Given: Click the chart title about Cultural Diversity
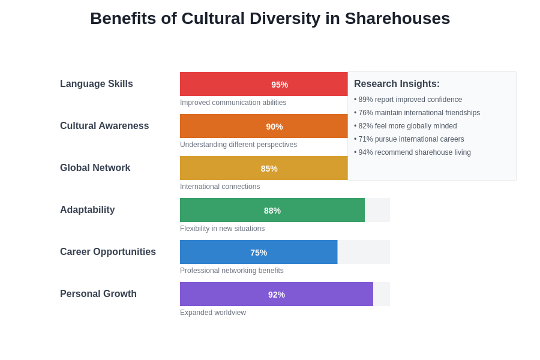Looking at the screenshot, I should [270, 19].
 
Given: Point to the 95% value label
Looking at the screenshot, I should [280, 85].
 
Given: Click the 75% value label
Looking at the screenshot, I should [259, 253].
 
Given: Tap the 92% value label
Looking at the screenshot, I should [277, 295].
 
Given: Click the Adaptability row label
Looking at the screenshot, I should [88, 210].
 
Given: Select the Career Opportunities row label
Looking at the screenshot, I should [108, 252].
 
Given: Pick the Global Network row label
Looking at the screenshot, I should [95, 168].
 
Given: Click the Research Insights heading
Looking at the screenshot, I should [397, 84].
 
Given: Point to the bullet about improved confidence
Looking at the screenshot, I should [409, 100].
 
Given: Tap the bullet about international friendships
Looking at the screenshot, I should [418, 113].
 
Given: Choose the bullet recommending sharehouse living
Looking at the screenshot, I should [413, 152].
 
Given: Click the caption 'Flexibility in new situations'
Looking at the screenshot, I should [222, 229].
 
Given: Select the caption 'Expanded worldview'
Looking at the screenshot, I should [213, 313].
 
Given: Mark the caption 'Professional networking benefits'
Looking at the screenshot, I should [232, 271].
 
